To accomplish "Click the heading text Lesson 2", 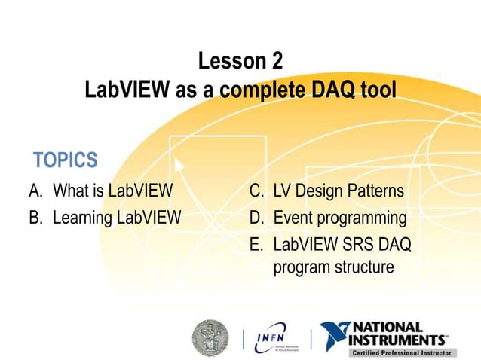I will (x=240, y=61).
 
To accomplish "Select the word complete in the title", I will (x=257, y=91).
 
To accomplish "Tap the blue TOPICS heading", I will (x=66, y=160).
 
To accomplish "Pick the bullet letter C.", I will (x=256, y=191).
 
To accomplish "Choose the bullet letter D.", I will (x=256, y=218).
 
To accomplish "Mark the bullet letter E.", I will (x=256, y=246).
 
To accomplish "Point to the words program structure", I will (x=333, y=267).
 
